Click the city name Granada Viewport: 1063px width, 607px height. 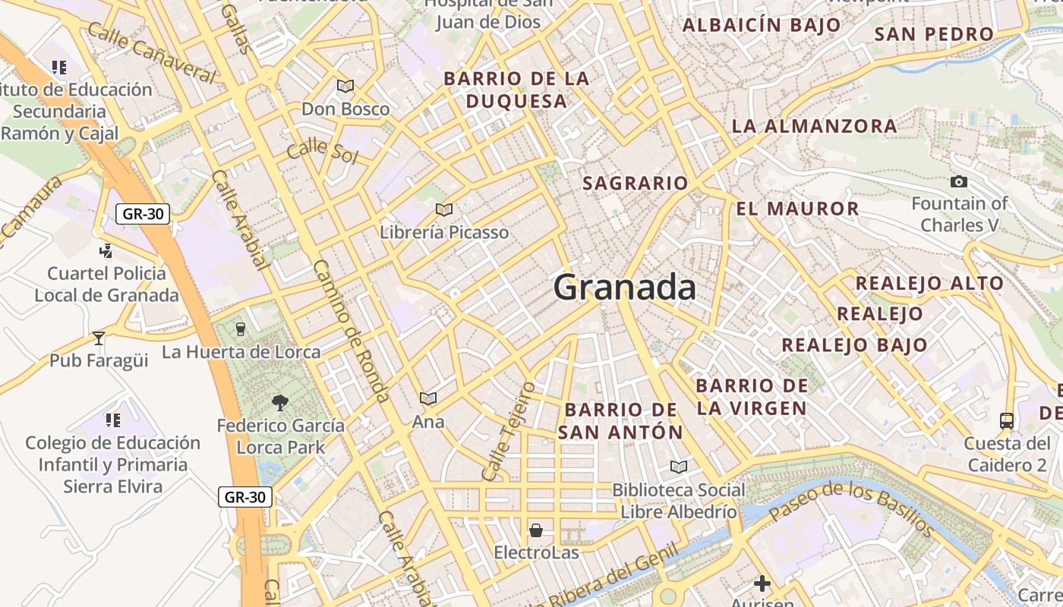pyautogui.click(x=624, y=288)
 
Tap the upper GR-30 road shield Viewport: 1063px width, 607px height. pyautogui.click(x=143, y=214)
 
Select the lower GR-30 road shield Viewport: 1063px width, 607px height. pyautogui.click(x=245, y=498)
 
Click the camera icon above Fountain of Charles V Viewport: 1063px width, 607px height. pyautogui.click(x=959, y=181)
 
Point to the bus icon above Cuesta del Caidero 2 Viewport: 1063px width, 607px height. pyautogui.click(x=1006, y=420)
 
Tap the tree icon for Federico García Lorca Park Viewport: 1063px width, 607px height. pyautogui.click(x=280, y=402)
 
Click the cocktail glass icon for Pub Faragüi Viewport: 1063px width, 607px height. pyautogui.click(x=99, y=338)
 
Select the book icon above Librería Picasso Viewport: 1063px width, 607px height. pyautogui.click(x=444, y=209)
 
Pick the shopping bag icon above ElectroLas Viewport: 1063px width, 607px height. pyautogui.click(x=536, y=530)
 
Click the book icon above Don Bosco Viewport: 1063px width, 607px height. pyautogui.click(x=345, y=86)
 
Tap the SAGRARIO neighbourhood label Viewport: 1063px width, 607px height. pyautogui.click(x=635, y=183)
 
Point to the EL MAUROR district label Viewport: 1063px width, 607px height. pyautogui.click(x=797, y=209)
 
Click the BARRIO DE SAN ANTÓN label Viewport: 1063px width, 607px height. pyautogui.click(x=621, y=421)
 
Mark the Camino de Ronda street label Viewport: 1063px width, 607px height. pyautogui.click(x=352, y=331)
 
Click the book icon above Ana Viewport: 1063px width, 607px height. pyautogui.click(x=428, y=398)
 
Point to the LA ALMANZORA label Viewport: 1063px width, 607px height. pyautogui.click(x=814, y=126)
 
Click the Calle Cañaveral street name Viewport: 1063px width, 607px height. pyautogui.click(x=151, y=52)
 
